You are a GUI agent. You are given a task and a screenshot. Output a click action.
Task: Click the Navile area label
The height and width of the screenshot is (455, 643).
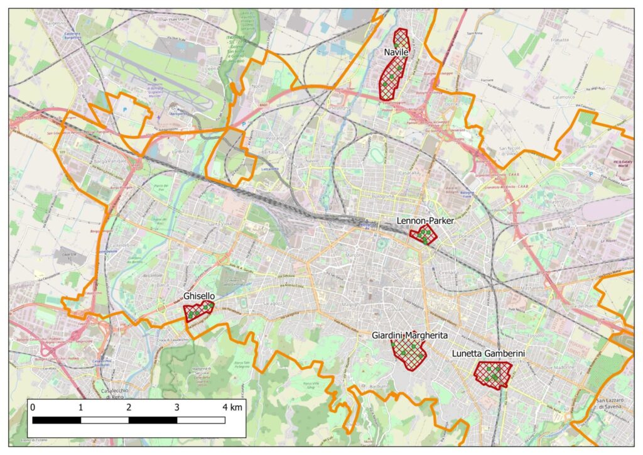(x=396, y=53)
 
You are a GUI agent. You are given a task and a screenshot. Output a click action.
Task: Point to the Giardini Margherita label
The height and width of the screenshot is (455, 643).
(x=409, y=335)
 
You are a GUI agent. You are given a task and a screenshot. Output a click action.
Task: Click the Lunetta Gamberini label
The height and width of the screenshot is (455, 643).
(x=488, y=354)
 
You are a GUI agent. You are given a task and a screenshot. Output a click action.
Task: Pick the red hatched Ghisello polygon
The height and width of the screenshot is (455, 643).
(x=198, y=311)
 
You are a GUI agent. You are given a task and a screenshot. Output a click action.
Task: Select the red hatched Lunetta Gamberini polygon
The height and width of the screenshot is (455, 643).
(x=492, y=375)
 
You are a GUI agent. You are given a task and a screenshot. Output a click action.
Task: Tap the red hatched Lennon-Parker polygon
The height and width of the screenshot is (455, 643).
(x=423, y=236)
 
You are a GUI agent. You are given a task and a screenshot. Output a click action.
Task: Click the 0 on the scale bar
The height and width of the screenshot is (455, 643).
(x=33, y=407)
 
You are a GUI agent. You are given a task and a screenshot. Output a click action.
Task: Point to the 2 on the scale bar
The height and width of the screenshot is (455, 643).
(x=129, y=407)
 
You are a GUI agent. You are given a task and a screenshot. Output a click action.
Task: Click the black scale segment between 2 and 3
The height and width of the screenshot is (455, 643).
(x=153, y=420)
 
